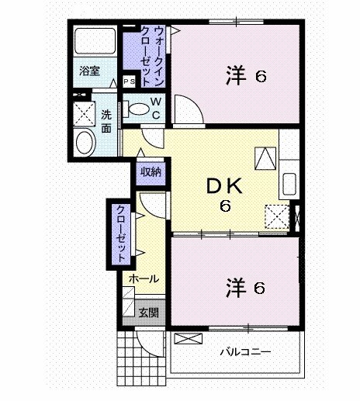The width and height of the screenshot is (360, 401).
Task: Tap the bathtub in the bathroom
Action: pos(95,41)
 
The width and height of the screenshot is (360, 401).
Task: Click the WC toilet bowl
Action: pos(140,109)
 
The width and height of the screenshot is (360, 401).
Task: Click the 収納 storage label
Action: pos(151,171)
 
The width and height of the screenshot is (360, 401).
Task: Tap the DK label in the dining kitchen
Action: pos(225,186)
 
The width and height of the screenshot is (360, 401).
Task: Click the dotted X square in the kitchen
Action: pos(275,216)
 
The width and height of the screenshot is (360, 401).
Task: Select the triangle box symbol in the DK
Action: pos(266,158)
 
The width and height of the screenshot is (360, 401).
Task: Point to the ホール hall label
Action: pos(144,278)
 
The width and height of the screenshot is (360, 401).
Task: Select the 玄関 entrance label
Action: pos(148,313)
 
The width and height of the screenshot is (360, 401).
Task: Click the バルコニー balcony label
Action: pos(244,351)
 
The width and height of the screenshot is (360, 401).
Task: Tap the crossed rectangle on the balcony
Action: pos(189,338)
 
